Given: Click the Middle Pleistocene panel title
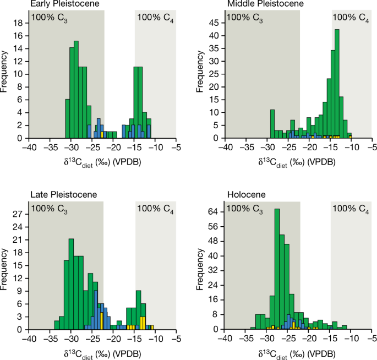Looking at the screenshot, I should [x=259, y=4].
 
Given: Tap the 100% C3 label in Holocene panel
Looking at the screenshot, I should [x=245, y=208].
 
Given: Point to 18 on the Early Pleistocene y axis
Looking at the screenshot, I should [x=18, y=23].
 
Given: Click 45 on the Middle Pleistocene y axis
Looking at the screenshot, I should [x=213, y=23].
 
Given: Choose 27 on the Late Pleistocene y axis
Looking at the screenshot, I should [x=18, y=212].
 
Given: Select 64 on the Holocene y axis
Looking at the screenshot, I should [x=213, y=211].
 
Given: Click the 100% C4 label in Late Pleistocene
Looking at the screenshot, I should [x=155, y=208].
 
